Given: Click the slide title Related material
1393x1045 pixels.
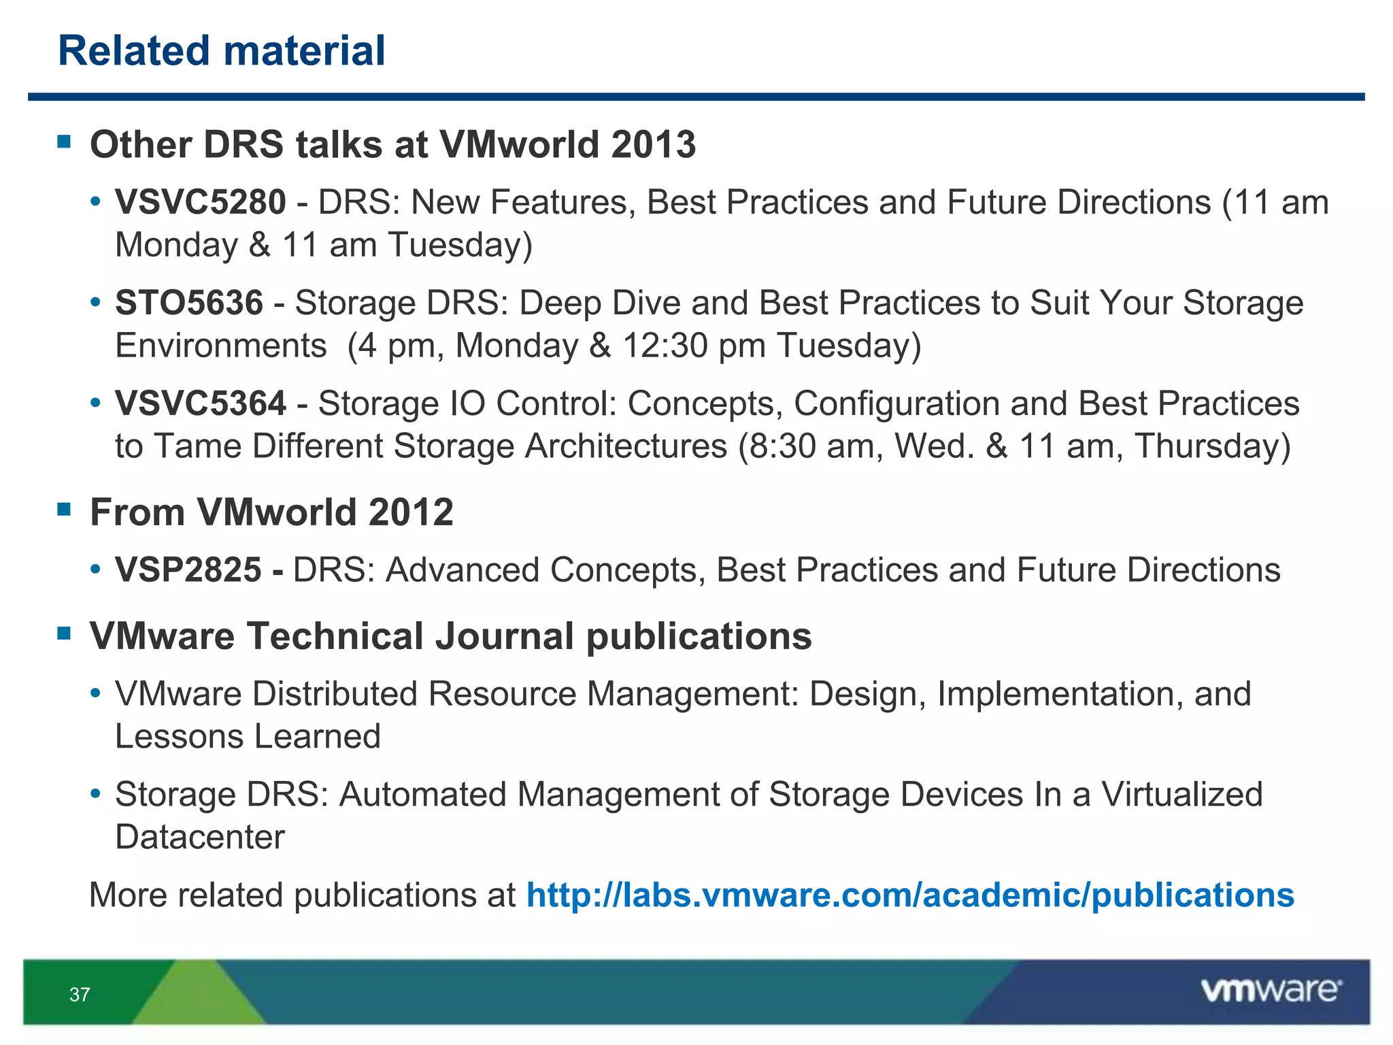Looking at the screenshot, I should [x=222, y=51].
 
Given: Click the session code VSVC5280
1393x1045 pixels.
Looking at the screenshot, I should [x=201, y=202].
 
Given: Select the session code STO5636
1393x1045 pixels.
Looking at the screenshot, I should [x=189, y=303].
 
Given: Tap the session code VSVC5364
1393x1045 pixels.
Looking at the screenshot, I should [x=201, y=403].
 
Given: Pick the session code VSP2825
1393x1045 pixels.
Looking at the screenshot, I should [x=188, y=570].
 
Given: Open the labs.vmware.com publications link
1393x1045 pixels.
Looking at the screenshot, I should [x=910, y=895].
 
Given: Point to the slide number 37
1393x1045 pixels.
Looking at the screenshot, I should [x=80, y=995].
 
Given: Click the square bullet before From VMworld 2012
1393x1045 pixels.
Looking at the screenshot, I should [x=65, y=510].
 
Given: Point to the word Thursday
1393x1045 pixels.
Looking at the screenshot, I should [x=1212, y=446].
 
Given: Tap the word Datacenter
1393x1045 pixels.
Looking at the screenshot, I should [x=200, y=837].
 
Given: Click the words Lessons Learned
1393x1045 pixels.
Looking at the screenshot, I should [x=248, y=737].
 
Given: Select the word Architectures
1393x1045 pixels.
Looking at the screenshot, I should [x=626, y=446].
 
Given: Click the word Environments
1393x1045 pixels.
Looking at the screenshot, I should [x=221, y=346].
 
